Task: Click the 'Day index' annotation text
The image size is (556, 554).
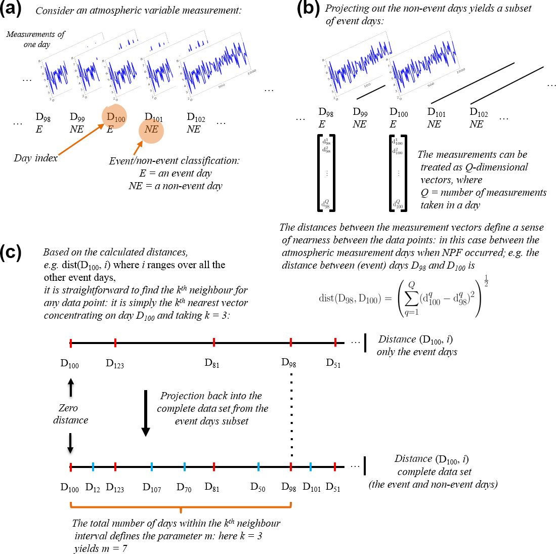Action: tap(35, 158)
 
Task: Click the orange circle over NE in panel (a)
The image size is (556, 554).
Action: tap(151, 130)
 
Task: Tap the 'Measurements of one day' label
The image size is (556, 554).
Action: tap(36, 39)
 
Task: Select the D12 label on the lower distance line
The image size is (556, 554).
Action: tap(93, 488)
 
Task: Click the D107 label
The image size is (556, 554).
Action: tap(152, 488)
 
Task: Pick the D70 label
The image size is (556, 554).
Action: tap(184, 488)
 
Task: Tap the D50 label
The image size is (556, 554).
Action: tap(258, 488)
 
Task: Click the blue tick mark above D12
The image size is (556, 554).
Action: tap(93, 466)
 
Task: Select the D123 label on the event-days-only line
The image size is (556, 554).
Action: tap(115, 363)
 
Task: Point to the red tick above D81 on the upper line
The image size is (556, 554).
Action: tap(214, 343)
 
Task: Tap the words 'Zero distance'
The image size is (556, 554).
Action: tap(70, 414)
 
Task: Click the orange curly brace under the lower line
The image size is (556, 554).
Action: tap(181, 506)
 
